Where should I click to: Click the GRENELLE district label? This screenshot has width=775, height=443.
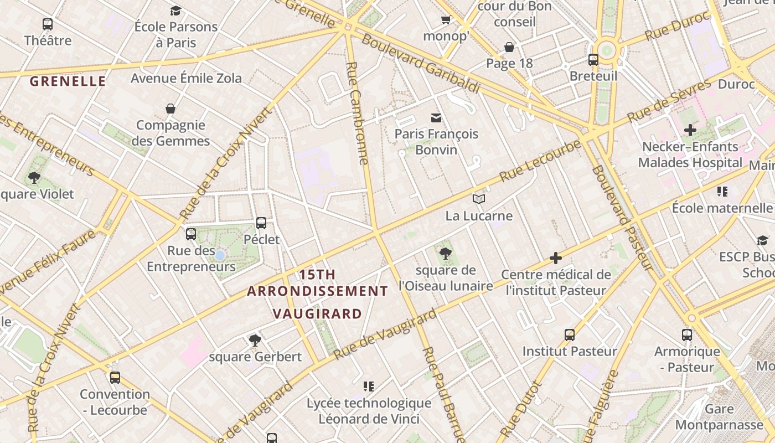click(68, 81)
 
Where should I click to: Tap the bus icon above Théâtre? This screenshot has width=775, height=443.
click(48, 24)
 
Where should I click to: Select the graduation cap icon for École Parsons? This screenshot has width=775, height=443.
click(175, 11)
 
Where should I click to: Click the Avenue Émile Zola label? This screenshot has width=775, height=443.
click(186, 78)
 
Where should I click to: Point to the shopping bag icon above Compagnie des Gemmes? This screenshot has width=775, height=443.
click(170, 109)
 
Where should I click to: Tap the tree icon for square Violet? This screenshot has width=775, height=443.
click(34, 178)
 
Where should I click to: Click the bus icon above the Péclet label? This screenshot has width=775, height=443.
click(261, 223)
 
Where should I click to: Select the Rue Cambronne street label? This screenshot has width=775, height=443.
click(356, 113)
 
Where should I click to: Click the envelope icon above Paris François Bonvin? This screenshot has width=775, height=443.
click(436, 117)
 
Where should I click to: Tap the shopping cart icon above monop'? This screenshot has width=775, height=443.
click(446, 20)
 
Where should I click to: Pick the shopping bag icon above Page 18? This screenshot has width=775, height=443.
click(509, 47)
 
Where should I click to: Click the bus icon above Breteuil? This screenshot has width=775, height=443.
click(593, 59)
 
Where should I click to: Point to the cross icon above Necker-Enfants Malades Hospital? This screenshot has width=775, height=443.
click(690, 131)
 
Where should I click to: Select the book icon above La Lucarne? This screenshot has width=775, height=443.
click(479, 199)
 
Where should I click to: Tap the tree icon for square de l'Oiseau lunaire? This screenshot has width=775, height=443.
click(445, 254)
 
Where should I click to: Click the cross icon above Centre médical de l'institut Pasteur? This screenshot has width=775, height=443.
click(556, 258)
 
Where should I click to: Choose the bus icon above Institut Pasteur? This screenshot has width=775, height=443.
click(570, 334)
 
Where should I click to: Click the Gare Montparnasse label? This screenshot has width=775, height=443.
click(719, 417)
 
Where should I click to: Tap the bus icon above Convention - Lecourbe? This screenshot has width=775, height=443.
click(115, 378)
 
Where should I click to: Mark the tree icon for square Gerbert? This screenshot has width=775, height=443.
click(255, 340)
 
